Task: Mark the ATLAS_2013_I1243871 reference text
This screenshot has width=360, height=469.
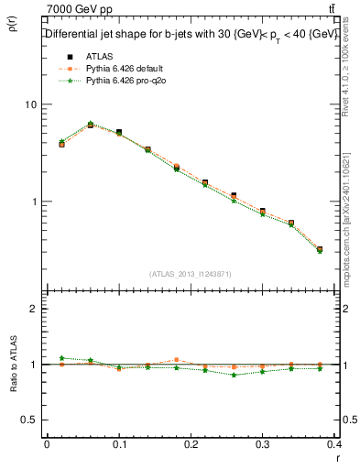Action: (191, 274)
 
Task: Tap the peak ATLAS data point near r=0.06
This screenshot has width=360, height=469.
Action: (91, 125)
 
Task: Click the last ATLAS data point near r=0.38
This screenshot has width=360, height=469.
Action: (320, 249)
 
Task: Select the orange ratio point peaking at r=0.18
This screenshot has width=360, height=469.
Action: (177, 360)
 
